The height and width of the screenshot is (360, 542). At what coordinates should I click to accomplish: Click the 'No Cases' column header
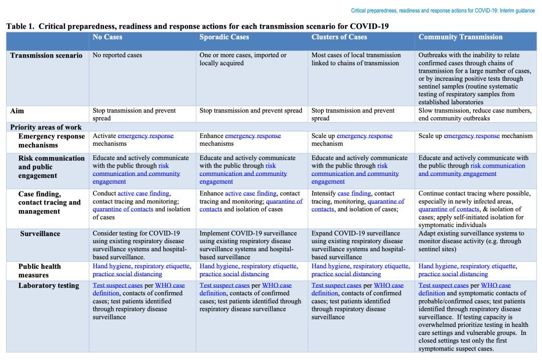(x=107, y=37)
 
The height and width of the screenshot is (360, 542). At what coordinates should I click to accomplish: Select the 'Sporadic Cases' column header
(x=224, y=37)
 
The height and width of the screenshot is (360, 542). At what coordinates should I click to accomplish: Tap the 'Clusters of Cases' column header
(x=339, y=37)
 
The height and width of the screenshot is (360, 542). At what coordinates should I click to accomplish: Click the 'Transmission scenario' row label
(x=46, y=56)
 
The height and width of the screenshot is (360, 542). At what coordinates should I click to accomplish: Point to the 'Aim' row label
(x=17, y=111)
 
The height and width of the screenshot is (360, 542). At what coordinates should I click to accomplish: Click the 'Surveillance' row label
(x=40, y=234)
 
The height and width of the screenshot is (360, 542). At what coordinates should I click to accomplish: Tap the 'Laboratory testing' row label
(x=49, y=286)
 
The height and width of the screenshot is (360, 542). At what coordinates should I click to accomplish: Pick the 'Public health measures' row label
(x=40, y=271)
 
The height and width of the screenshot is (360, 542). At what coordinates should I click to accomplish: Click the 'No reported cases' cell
(x=117, y=55)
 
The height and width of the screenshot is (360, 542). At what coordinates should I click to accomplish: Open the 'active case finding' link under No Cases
(x=144, y=193)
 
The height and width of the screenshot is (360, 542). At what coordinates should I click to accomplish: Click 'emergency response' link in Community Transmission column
(x=471, y=136)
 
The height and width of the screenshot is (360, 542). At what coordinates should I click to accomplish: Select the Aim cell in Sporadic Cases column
(x=251, y=111)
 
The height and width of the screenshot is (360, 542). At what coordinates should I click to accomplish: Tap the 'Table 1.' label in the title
(x=21, y=26)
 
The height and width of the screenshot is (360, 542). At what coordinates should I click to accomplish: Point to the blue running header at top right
(x=443, y=11)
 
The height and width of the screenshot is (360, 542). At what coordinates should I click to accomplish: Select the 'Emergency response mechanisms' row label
(x=51, y=140)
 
